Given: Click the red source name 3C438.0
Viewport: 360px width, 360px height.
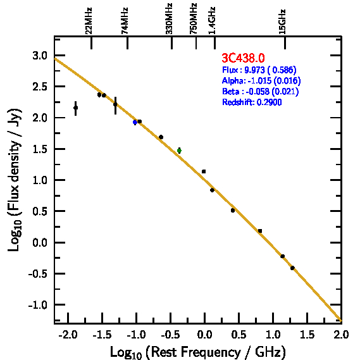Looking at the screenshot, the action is click(243, 58).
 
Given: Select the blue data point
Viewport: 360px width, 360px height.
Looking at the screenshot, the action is click(135, 122).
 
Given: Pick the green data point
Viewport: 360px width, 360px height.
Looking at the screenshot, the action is click(179, 151).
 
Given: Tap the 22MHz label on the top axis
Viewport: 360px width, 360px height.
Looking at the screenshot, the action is click(89, 21).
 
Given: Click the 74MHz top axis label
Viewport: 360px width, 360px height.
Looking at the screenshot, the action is click(125, 21).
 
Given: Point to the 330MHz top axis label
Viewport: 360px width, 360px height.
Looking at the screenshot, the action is click(169, 19).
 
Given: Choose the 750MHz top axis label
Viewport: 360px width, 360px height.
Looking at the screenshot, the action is click(194, 19).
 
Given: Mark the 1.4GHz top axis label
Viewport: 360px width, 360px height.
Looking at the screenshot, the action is click(212, 20).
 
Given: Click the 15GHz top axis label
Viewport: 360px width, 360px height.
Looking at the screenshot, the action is click(282, 22).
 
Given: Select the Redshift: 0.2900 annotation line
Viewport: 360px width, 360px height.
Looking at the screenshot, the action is click(252, 102).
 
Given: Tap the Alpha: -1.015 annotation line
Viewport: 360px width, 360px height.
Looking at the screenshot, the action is click(261, 80).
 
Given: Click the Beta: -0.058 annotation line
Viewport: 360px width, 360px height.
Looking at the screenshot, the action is click(261, 91).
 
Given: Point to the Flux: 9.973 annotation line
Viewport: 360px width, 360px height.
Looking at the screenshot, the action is click(259, 70).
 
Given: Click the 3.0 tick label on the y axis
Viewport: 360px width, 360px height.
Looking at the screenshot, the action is click(40, 56).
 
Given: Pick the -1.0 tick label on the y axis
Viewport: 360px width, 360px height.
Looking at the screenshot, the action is click(38, 305).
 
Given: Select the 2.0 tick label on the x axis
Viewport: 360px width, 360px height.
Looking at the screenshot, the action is click(342, 335).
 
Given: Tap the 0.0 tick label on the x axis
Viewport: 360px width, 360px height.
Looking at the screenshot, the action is click(204, 335).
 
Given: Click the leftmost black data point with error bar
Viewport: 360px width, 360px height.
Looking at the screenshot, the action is click(75, 108).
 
